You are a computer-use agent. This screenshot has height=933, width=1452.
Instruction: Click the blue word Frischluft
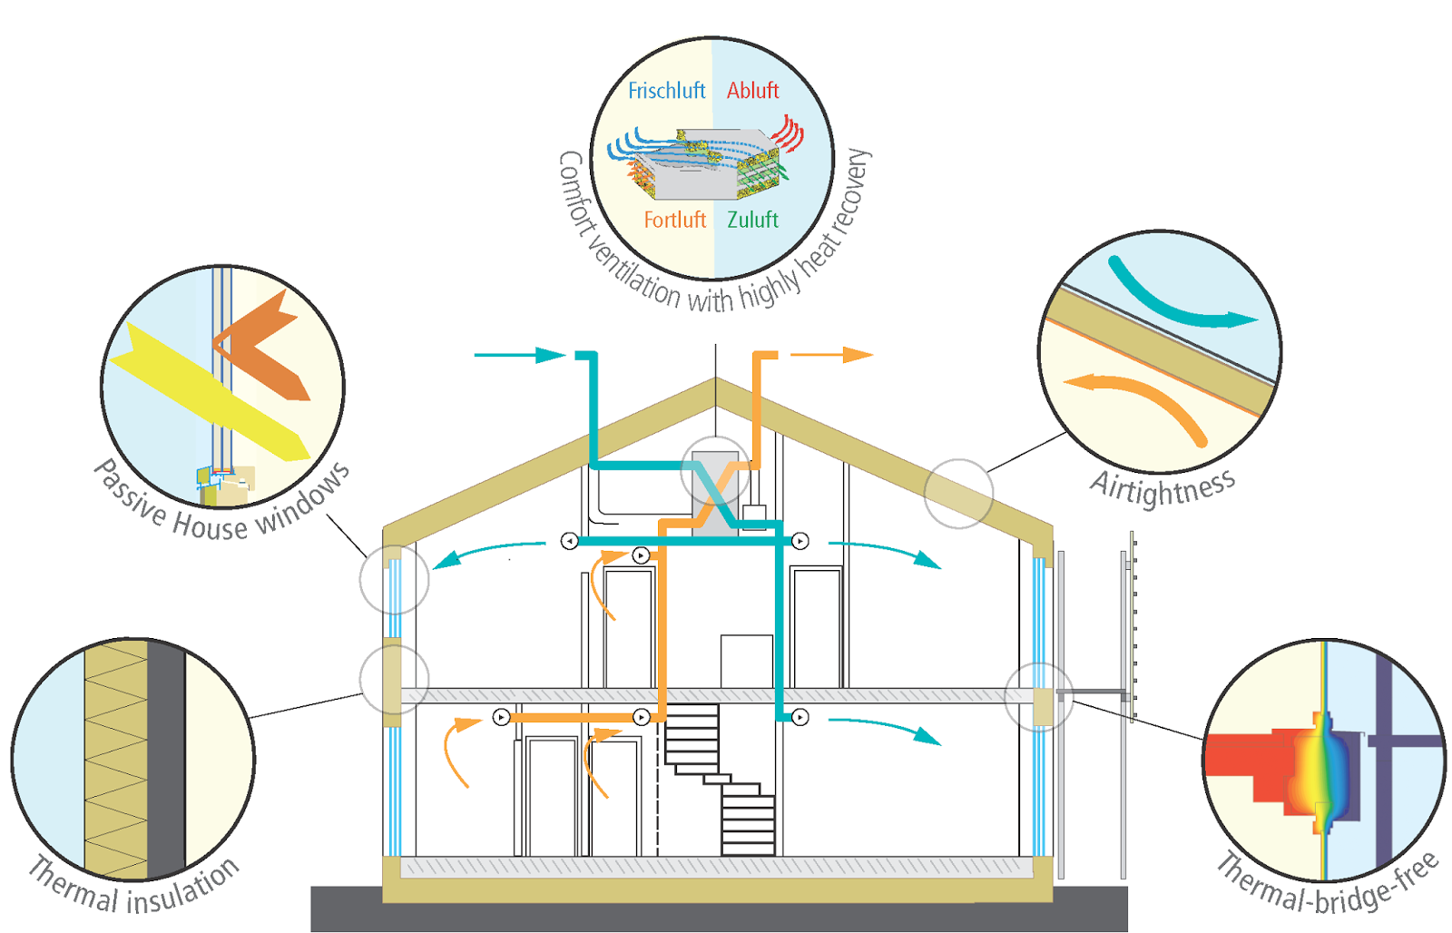(666, 91)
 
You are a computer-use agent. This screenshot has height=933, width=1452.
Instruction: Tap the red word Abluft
(752, 91)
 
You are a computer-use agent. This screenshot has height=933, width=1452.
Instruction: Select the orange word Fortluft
(674, 220)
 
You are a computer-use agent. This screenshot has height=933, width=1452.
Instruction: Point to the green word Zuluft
(752, 220)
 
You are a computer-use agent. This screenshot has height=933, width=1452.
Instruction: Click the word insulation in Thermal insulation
(181, 890)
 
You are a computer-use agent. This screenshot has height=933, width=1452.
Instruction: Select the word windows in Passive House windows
(303, 500)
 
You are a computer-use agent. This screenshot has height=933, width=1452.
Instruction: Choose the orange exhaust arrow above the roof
(831, 355)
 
